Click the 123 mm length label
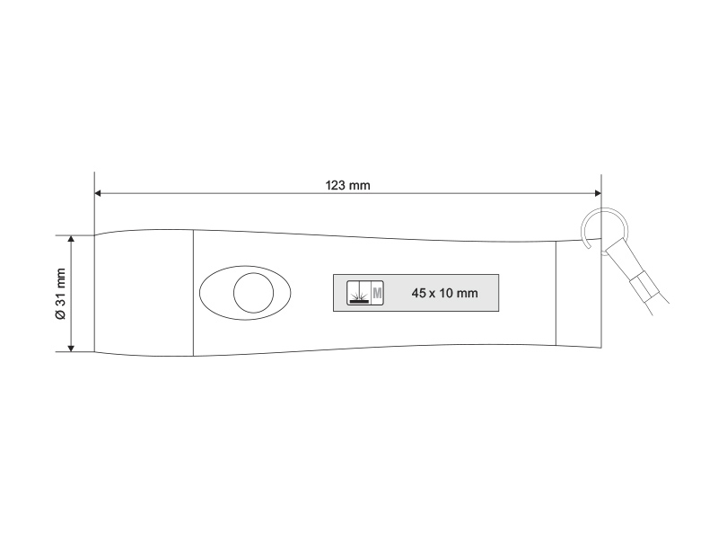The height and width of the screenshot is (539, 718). click(x=347, y=185)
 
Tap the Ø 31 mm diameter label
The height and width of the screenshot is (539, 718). click(x=60, y=294)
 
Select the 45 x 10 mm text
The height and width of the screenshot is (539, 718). click(x=444, y=293)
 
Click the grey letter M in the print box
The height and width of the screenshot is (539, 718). click(x=377, y=293)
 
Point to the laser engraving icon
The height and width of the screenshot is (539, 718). click(x=358, y=293)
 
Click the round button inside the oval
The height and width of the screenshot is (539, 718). click(x=254, y=293)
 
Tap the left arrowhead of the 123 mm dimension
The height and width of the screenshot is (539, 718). click(x=98, y=193)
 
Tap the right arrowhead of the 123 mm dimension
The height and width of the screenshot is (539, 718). click(x=598, y=193)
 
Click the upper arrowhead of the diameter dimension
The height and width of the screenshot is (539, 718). click(x=71, y=239)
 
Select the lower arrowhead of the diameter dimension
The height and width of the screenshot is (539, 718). click(x=71, y=348)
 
